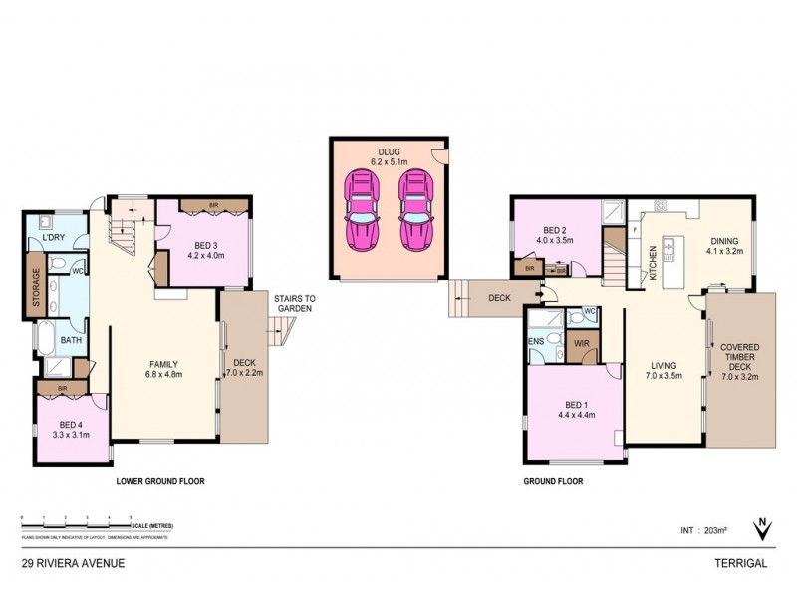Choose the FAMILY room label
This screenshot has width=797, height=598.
tap(164, 364)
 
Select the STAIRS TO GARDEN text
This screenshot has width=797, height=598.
tap(295, 303)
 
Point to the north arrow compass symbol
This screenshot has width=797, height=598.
tap(762, 529)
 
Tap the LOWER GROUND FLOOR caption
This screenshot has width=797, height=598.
tap(160, 481)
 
